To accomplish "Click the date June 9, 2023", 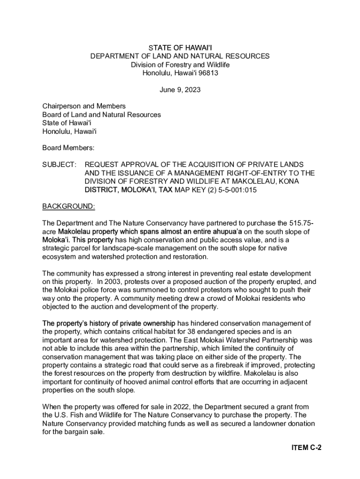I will (180, 90).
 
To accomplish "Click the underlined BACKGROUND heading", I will (69, 206).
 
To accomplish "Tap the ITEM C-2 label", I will (306, 448).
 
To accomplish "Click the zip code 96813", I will (207, 73).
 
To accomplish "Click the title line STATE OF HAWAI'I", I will (180, 48).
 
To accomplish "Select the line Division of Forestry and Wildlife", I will (180, 65).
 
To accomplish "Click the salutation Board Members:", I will (69, 148).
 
